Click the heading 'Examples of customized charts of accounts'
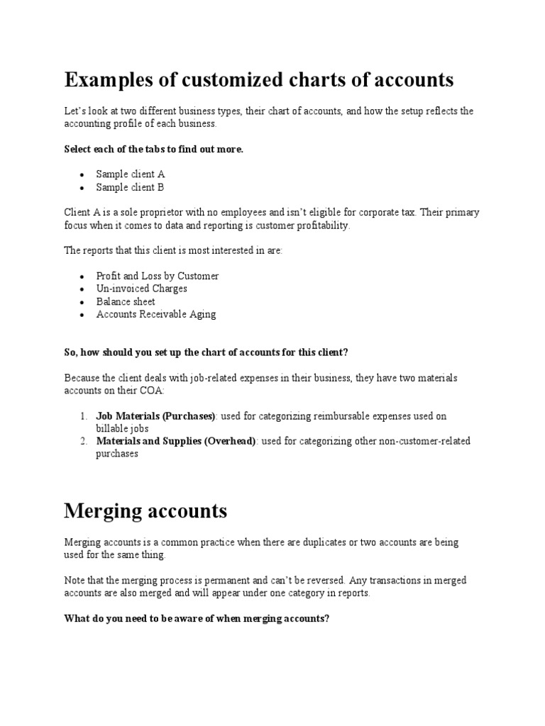point(258,80)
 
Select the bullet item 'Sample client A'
point(131,174)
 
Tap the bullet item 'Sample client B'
point(131,187)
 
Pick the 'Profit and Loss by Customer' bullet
point(158,276)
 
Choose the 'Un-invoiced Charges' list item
point(141,289)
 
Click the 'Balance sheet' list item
point(126,301)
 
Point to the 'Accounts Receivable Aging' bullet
point(156,314)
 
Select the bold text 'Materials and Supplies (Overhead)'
point(176,442)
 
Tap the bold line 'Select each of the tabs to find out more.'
point(153,150)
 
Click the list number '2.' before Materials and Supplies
point(83,442)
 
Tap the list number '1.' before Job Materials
point(83,416)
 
